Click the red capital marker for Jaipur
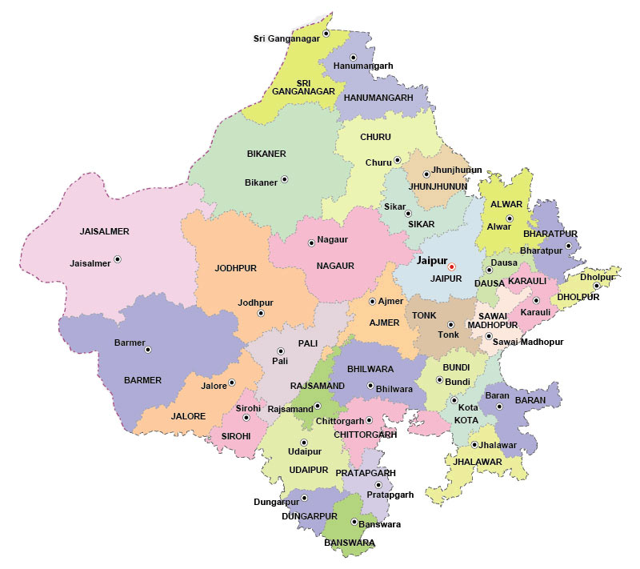click(x=451, y=266)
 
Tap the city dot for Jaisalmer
click(x=118, y=259)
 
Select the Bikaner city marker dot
click(x=284, y=179)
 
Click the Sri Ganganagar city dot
click(x=326, y=33)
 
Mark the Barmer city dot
click(x=148, y=349)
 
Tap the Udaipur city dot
click(x=303, y=443)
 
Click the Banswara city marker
click(x=354, y=523)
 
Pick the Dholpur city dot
click(x=596, y=286)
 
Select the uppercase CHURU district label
click(x=375, y=137)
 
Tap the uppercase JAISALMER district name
click(x=104, y=231)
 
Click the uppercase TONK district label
click(x=424, y=315)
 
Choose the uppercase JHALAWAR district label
click(x=478, y=462)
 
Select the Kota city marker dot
click(x=454, y=400)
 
